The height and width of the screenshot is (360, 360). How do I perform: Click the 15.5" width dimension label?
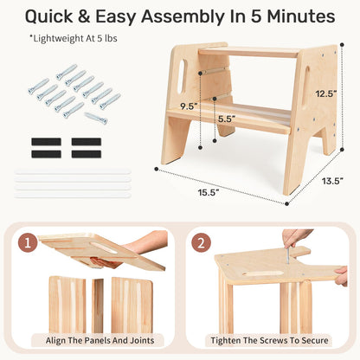[209, 192]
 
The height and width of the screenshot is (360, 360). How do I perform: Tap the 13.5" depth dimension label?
[332, 181]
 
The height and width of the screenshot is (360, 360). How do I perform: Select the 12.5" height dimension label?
[326, 93]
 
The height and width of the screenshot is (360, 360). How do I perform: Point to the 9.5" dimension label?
[189, 106]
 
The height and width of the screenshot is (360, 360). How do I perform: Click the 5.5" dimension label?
[227, 119]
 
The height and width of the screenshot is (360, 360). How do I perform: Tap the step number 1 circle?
[28, 243]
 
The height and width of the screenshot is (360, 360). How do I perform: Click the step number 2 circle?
[201, 242]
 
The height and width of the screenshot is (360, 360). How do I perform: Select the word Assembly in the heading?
[183, 16]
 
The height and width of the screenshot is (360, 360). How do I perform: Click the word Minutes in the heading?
[300, 16]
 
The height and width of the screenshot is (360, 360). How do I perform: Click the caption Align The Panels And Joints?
[100, 340]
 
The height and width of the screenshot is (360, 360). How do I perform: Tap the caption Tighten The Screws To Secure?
[269, 340]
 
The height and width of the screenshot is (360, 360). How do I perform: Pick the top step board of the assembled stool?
[250, 52]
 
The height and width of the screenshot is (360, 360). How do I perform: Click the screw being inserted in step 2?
[288, 254]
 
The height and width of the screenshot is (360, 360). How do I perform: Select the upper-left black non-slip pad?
[46, 142]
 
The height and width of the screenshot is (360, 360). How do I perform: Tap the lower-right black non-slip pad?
[87, 154]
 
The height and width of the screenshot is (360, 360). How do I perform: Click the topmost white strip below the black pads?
[73, 171]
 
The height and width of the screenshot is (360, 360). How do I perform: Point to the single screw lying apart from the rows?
[96, 119]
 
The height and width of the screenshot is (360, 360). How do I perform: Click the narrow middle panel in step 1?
[98, 305]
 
